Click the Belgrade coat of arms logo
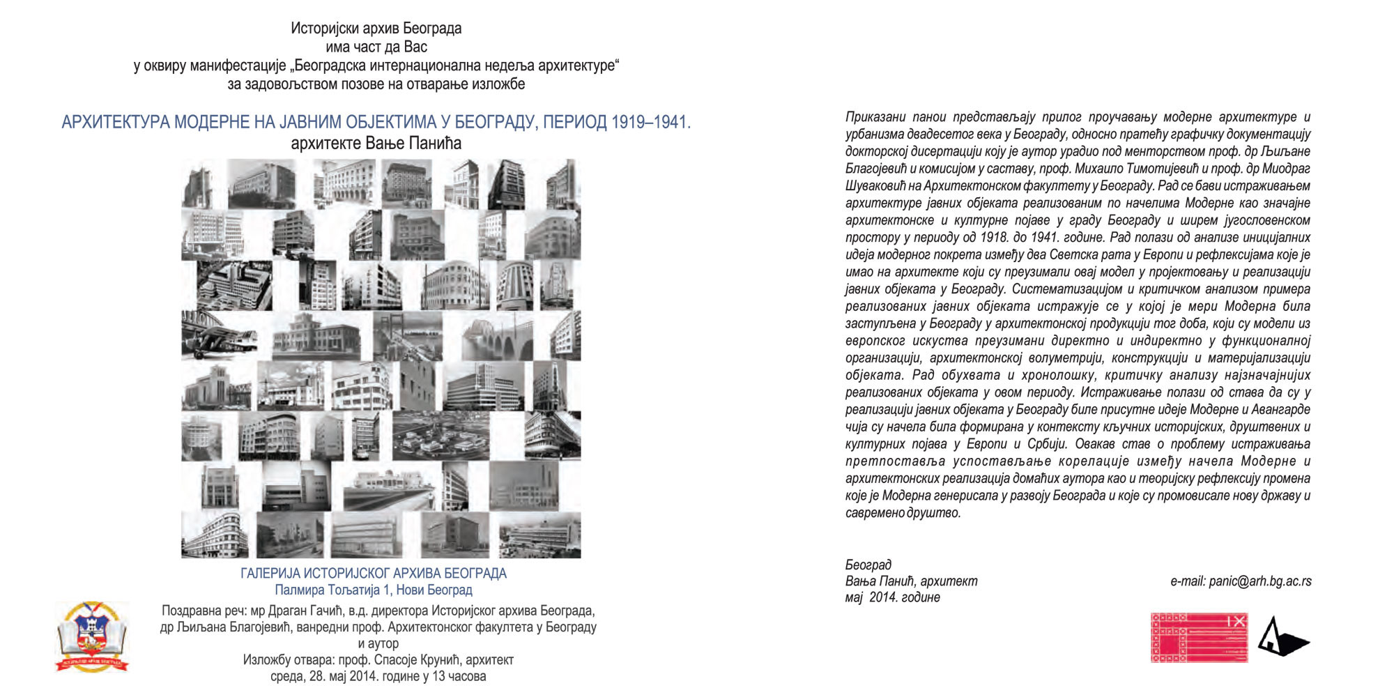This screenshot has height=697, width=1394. (92, 636)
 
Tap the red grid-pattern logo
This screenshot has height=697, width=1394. (1199, 637)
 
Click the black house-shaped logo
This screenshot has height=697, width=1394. (1282, 637)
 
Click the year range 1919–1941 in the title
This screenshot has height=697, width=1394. (650, 123)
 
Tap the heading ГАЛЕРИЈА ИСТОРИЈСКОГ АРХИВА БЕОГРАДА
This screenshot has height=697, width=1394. (374, 574)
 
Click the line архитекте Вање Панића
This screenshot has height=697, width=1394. (376, 144)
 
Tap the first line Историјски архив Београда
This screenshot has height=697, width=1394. (376, 29)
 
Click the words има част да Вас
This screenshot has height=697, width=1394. (376, 47)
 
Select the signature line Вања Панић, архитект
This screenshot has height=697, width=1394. (911, 581)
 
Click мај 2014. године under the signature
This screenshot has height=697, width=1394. (892, 597)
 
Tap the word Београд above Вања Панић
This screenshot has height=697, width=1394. (868, 565)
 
